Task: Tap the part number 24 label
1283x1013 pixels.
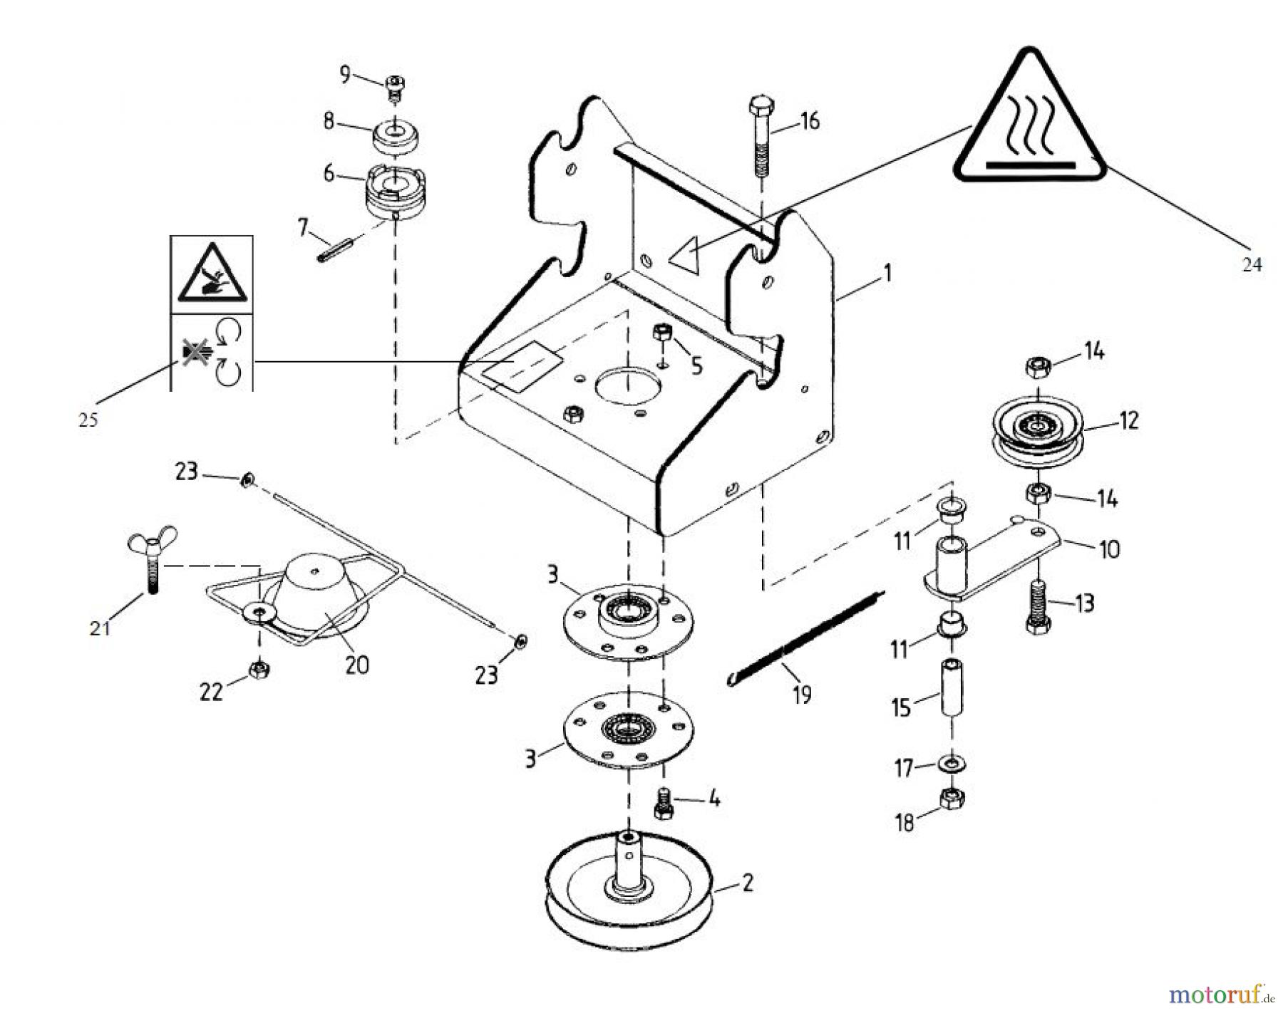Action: (1252, 265)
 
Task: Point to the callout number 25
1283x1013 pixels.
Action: (88, 420)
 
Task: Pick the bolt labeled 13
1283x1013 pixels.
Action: (1037, 606)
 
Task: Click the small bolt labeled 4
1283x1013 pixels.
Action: (663, 804)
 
